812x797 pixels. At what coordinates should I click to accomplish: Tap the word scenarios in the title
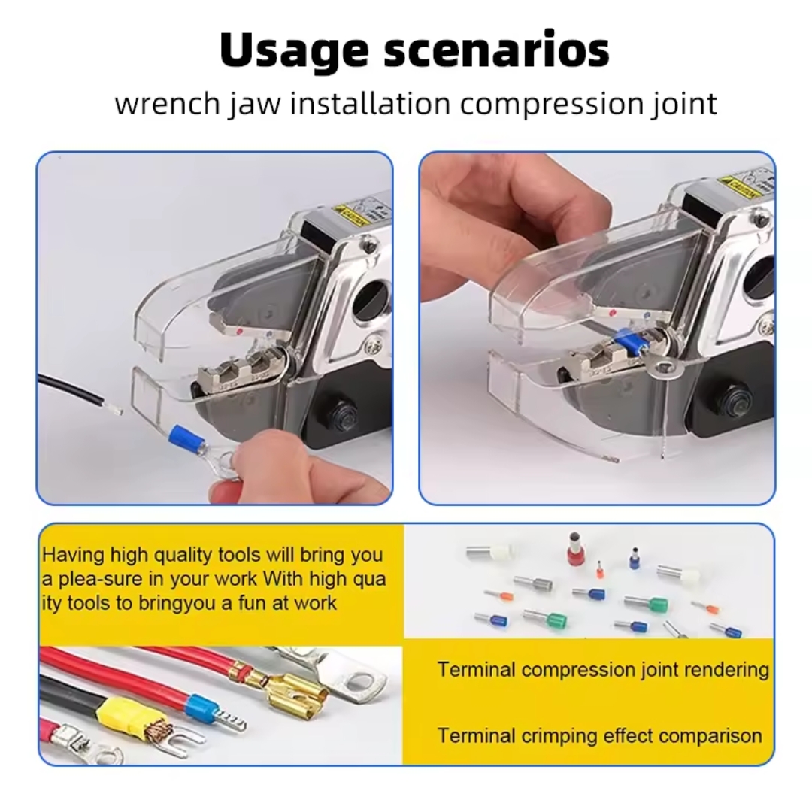(497, 50)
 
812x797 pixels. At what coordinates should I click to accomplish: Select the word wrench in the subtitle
(167, 104)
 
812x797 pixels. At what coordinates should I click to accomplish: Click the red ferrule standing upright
(573, 550)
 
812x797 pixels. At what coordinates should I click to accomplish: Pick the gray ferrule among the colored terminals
(533, 583)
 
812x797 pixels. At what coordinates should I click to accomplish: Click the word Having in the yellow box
(73, 556)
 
